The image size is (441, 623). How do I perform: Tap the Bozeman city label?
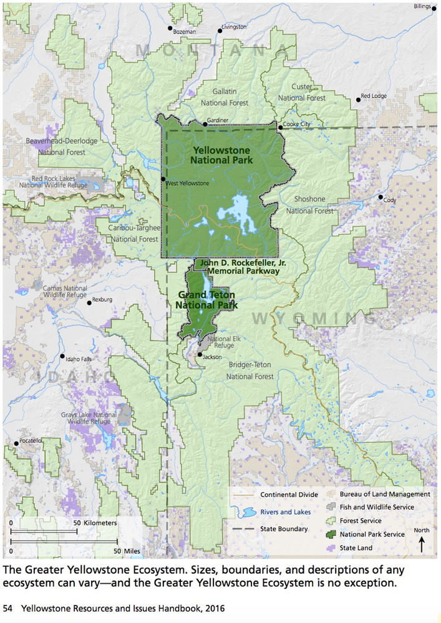[x=185, y=31]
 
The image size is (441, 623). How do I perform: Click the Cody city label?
[x=389, y=200]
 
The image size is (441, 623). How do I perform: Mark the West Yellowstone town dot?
[x=163, y=179]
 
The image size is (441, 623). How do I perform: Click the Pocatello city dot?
[x=16, y=444]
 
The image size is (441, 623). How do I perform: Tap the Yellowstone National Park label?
[x=221, y=155]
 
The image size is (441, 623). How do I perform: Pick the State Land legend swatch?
[x=332, y=548]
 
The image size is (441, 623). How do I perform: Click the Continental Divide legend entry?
[x=289, y=495]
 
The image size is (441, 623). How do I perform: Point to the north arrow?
[x=421, y=544]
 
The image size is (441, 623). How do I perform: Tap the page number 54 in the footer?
[x=8, y=607]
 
